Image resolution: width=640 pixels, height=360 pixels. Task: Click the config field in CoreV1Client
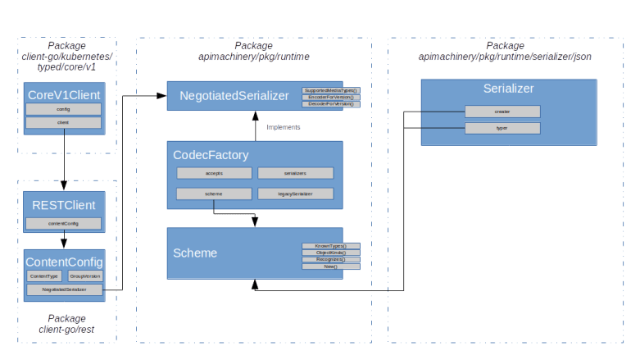pos(63,109)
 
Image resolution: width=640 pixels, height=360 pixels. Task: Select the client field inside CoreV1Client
pos(63,123)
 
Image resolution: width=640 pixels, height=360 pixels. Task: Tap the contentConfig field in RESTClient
pos(63,223)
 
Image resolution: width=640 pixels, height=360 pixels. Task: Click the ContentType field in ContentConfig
pos(44,276)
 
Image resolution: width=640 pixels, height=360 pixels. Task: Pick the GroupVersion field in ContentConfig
pos(84,276)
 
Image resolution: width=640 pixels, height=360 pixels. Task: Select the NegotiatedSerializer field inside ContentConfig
pos(65,289)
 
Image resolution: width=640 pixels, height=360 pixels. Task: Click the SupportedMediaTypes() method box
pos(330,90)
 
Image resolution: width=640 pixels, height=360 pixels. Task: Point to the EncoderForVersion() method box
pos(330,98)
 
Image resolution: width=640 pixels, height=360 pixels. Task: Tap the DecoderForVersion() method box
pos(330,105)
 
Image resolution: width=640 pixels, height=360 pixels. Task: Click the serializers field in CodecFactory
pos(295,173)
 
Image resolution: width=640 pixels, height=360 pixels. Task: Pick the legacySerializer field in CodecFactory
pos(295,194)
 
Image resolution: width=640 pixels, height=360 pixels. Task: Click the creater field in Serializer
pos(502,112)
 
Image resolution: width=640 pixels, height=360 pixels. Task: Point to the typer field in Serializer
pos(502,128)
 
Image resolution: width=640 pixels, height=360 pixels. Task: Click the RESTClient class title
pos(64,205)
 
